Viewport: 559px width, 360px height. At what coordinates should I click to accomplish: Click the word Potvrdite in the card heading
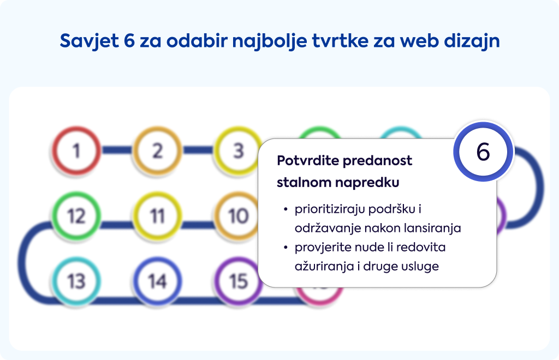[x=307, y=160]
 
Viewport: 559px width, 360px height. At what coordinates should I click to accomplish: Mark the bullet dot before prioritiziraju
[x=285, y=209]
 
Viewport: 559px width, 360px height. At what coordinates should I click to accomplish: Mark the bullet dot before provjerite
[x=285, y=248]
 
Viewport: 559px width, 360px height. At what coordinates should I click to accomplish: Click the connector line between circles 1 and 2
[x=117, y=150]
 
